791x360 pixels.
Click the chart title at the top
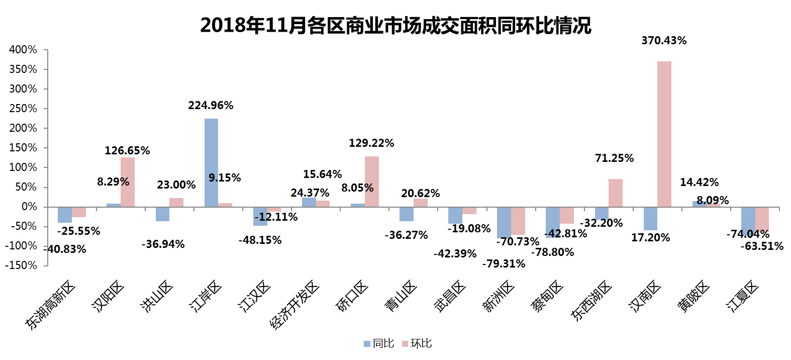click(395, 25)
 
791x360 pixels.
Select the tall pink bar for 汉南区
click(664, 134)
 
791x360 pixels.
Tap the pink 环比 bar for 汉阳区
click(128, 182)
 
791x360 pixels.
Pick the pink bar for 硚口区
click(372, 182)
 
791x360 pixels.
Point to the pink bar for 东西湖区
click(615, 193)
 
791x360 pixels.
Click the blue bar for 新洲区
click(504, 222)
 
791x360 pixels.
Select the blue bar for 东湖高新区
click(65, 215)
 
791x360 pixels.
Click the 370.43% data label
click(663, 41)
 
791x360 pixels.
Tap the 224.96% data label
click(211, 106)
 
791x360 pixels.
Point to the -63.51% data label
click(761, 246)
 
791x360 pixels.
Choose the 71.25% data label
click(614, 158)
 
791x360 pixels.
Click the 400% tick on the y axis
click(23, 50)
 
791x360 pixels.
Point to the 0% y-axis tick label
click(29, 207)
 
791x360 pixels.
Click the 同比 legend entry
click(379, 343)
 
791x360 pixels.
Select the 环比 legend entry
click(417, 343)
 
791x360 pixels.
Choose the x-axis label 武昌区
click(450, 297)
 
